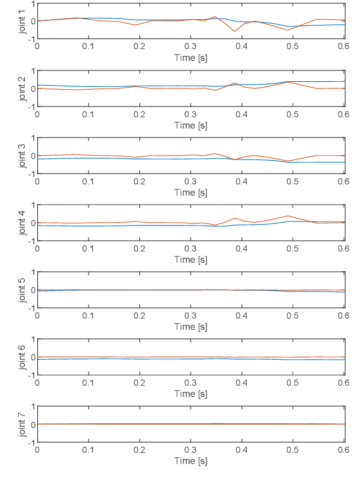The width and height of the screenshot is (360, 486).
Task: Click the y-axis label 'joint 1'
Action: (x=22, y=21)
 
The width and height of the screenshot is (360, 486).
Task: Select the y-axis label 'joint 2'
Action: (x=22, y=89)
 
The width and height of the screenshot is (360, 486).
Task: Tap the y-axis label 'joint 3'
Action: (x=22, y=156)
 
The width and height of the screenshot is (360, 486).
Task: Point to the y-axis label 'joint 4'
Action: (x=22, y=223)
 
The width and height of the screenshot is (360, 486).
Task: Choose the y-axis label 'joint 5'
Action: (x=22, y=290)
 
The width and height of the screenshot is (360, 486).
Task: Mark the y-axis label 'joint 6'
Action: (x=22, y=357)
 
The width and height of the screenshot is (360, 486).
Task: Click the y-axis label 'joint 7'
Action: (x=22, y=424)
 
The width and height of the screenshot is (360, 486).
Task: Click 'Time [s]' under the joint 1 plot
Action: (x=191, y=58)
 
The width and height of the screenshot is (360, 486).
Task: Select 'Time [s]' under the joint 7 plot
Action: (x=191, y=461)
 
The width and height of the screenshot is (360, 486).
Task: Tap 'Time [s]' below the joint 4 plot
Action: (x=191, y=259)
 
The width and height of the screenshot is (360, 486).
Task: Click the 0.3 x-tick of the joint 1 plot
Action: (x=191, y=47)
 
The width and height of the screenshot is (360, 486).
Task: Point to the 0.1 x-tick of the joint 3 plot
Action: (x=88, y=181)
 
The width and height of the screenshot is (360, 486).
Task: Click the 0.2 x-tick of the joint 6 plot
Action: (x=139, y=382)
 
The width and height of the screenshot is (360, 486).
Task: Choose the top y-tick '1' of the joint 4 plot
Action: (x=33, y=205)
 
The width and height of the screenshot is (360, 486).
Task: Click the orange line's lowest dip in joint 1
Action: (x=235, y=32)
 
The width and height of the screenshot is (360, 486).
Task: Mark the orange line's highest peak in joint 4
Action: (x=288, y=215)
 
